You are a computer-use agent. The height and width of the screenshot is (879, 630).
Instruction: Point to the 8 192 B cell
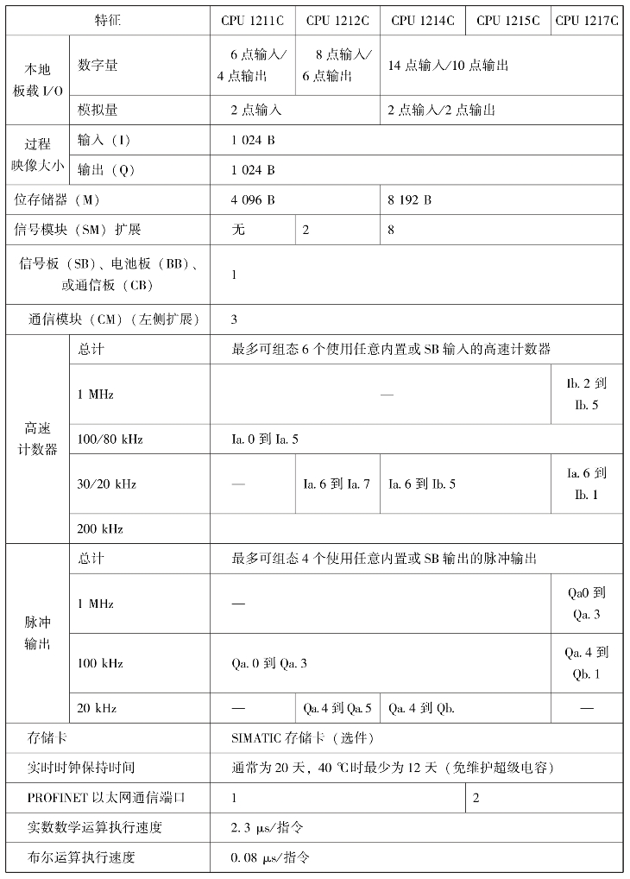[409, 200]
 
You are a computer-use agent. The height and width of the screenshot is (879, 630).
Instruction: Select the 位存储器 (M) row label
[58, 200]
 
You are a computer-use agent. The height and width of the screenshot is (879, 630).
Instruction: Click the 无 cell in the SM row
[238, 230]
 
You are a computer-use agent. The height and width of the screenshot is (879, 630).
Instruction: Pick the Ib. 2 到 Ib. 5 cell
[587, 394]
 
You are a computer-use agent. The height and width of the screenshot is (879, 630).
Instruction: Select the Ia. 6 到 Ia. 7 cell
[337, 484]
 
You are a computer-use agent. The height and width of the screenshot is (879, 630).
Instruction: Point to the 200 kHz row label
[100, 528]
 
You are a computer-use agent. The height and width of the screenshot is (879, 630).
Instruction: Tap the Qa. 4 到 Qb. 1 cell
[587, 663]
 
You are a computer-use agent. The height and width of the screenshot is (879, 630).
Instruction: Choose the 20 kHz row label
[97, 708]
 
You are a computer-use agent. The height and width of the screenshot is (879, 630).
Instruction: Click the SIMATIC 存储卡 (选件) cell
[302, 738]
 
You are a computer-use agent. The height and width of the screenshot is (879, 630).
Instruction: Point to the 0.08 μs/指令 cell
[270, 857]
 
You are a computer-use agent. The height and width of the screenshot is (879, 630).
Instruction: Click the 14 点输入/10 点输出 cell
[448, 66]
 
